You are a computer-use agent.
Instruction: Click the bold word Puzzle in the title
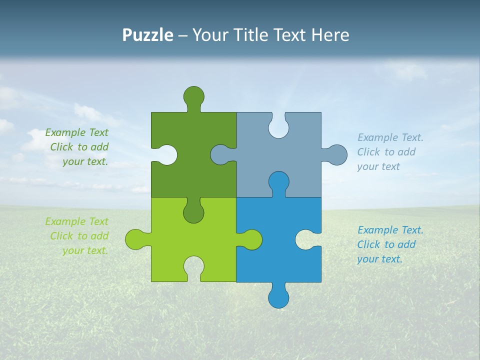[x=148, y=35]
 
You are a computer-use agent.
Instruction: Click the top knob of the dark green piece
[x=193, y=96]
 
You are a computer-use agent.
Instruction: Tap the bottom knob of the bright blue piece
[x=278, y=298]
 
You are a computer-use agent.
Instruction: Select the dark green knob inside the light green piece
[x=193, y=212]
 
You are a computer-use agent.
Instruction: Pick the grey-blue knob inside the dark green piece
[x=220, y=154]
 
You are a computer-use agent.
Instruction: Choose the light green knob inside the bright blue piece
[x=251, y=239]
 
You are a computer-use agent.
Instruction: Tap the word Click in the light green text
[x=61, y=236]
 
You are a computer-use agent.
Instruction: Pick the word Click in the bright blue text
[x=368, y=244]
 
